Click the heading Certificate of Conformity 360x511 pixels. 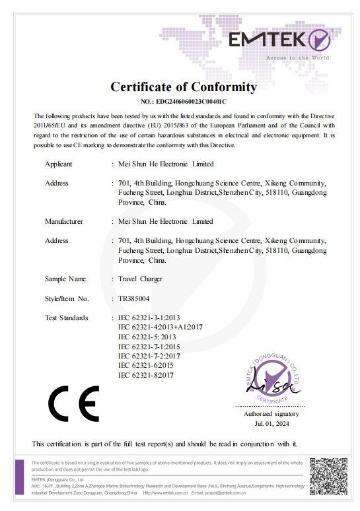183,86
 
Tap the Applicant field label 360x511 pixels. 59,164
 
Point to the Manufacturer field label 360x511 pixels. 64,221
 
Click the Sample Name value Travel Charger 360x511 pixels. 140,279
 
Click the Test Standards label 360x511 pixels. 66,318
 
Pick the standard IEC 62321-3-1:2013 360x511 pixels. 148,318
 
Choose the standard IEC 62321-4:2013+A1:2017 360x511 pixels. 161,327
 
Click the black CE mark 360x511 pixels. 73,403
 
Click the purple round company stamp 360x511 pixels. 271,376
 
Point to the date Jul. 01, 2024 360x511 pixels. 271,423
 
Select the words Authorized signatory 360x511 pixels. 271,414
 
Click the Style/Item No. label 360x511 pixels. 67,298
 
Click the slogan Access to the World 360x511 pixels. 297,58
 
